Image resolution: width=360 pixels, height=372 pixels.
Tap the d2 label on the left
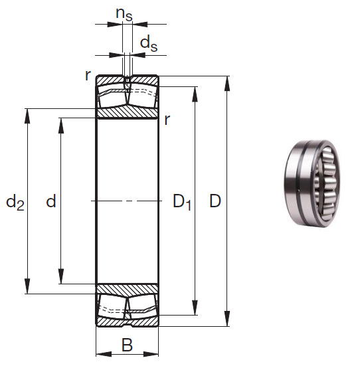[15, 201]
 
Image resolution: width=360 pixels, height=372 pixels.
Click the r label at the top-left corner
[88, 75]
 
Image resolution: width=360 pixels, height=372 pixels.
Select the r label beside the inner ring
[167, 120]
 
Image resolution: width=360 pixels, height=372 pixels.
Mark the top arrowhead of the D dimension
[228, 81]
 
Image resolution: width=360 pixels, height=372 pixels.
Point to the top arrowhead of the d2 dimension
[27, 113]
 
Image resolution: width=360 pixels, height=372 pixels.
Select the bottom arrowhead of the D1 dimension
[195, 310]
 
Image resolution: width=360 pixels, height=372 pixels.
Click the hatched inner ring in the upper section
[127, 113]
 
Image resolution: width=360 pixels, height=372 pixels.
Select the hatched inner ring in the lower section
[127, 288]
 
